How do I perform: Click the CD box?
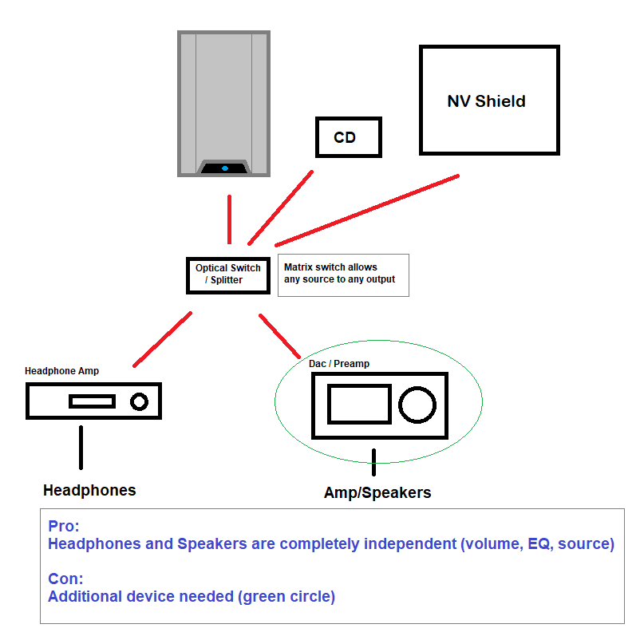click(x=349, y=137)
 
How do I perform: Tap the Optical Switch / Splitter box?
click(x=227, y=275)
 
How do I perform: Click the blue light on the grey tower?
click(x=224, y=168)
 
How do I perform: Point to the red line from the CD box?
click(x=279, y=207)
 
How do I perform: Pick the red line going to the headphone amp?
click(x=162, y=339)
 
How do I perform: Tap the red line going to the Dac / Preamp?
click(x=279, y=335)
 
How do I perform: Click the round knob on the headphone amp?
click(x=140, y=401)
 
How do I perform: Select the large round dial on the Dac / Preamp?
click(x=417, y=404)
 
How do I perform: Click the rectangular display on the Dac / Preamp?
click(x=359, y=404)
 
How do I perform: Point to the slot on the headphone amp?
click(x=92, y=401)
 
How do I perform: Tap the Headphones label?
click(x=89, y=490)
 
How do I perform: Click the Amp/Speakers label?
click(x=377, y=492)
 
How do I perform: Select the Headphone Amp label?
click(x=62, y=371)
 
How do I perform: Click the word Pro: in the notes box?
click(x=64, y=527)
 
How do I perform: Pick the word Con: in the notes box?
click(x=65, y=578)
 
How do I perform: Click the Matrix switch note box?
click(x=343, y=275)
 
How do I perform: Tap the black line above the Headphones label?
click(x=81, y=447)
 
